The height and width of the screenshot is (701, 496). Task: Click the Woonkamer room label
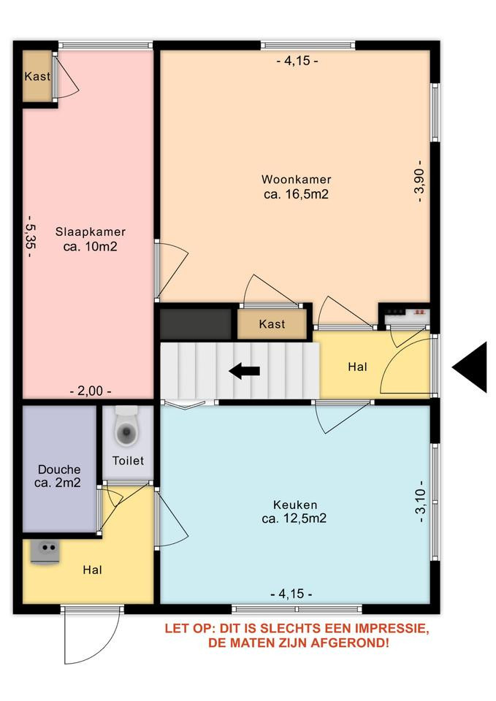[x=297, y=180]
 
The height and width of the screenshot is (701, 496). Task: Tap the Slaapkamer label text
[x=91, y=231]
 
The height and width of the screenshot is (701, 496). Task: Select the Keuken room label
[x=295, y=505]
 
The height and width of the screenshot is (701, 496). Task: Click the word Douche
[x=59, y=470]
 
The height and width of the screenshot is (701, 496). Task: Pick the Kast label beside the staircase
[x=272, y=323]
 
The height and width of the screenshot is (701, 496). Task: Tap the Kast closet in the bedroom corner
[x=37, y=77]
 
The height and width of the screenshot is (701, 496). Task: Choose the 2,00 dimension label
[x=91, y=391]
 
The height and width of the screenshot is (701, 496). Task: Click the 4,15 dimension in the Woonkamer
[x=297, y=61]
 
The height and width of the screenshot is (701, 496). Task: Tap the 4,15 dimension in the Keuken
[x=291, y=594]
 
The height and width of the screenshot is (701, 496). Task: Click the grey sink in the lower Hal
[x=45, y=553]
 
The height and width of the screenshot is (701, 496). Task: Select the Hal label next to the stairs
[x=357, y=367]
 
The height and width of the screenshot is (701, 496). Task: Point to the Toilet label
[x=128, y=461]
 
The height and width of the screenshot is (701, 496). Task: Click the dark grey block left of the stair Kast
[x=196, y=323]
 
